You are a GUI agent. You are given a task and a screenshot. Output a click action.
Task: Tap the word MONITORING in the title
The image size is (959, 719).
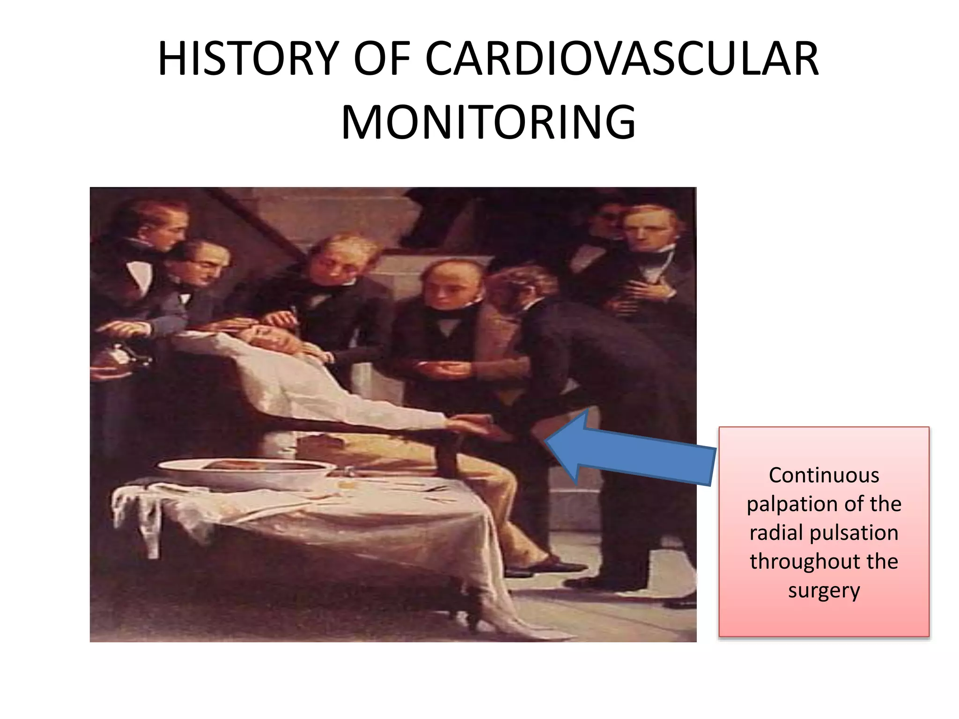point(488,123)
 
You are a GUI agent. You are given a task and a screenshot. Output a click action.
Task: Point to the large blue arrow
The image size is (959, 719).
point(627,449)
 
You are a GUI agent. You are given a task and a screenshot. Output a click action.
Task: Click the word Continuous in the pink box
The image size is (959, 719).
point(824,476)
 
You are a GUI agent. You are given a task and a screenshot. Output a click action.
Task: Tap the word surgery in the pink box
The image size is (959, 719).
point(824,591)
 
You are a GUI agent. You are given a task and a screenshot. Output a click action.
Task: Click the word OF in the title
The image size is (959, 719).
point(382,59)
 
